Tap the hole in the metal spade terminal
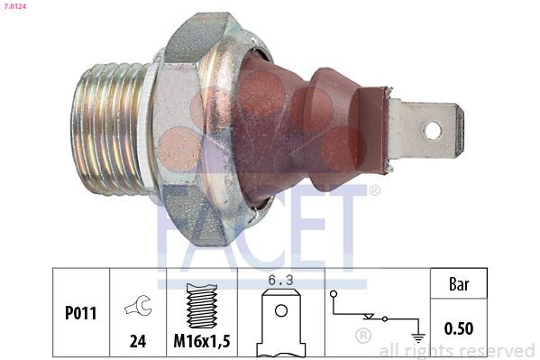[432, 130]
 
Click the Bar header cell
[459, 283]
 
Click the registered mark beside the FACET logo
[374, 190]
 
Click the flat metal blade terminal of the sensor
[424, 131]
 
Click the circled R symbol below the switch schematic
[363, 336]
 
